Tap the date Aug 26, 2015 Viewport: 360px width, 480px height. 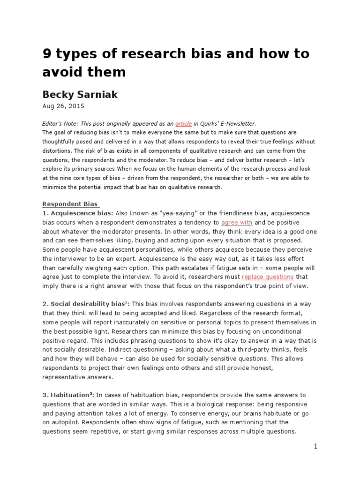click(x=61, y=106)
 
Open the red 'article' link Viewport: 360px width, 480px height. click(x=183, y=124)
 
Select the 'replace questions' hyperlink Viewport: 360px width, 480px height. click(x=268, y=277)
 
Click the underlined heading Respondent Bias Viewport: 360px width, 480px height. click(x=70, y=204)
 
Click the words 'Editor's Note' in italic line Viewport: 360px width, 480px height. click(x=60, y=124)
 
